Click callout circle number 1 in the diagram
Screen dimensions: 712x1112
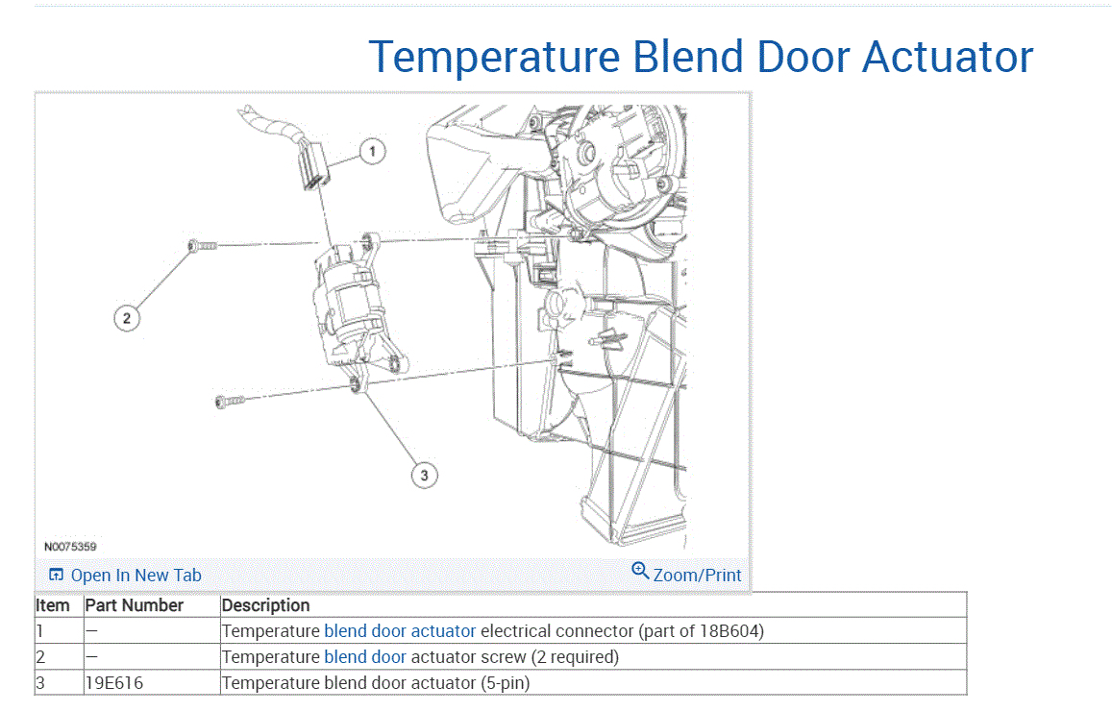[x=373, y=151]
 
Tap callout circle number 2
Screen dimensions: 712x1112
[x=127, y=317]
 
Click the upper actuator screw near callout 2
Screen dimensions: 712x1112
[x=203, y=247]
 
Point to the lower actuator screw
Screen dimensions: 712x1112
[x=230, y=400]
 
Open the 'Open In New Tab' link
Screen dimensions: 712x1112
[x=126, y=576]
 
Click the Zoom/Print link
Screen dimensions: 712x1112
[x=687, y=575]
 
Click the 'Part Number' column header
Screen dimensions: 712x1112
[x=135, y=605]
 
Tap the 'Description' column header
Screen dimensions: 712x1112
[x=266, y=605]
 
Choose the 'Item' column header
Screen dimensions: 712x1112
[x=53, y=605]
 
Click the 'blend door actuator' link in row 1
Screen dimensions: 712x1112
[x=400, y=631]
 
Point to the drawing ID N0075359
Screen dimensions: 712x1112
[x=70, y=546]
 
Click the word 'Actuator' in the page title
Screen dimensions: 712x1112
[x=948, y=57]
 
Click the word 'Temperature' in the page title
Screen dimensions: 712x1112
[x=495, y=57]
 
